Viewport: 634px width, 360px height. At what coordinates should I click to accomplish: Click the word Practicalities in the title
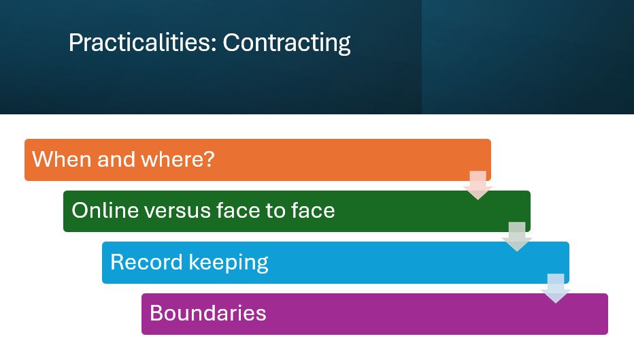tap(140, 44)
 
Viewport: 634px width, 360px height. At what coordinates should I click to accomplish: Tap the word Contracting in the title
tap(286, 44)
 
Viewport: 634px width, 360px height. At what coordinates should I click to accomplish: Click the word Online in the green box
tap(104, 210)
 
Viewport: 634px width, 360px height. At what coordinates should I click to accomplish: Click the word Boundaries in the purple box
tap(207, 313)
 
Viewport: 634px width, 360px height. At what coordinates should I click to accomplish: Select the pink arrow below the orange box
tap(478, 184)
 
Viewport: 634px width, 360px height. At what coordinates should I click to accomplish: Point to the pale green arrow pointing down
tap(516, 236)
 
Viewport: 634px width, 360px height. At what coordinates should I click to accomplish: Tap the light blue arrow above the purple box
tap(556, 288)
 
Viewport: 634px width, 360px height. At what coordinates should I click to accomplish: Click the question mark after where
tap(210, 160)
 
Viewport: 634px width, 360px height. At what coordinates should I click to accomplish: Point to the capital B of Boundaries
tap(156, 313)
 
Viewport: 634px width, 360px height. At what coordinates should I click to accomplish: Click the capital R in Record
tap(117, 262)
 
